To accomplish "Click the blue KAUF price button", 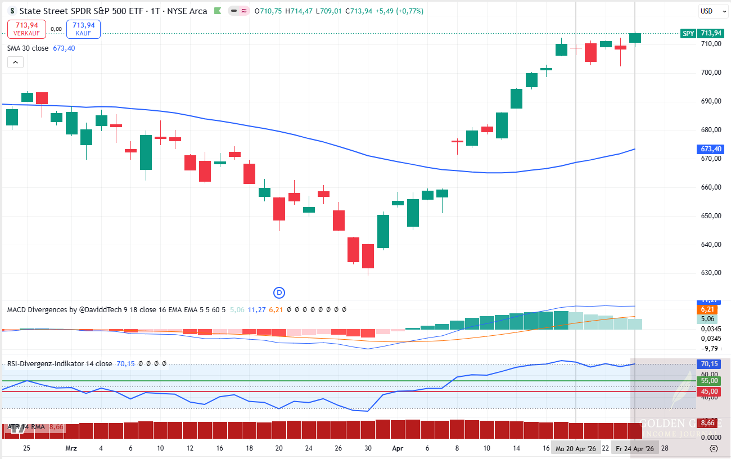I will pos(83,29).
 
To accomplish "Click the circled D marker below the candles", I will pos(279,292).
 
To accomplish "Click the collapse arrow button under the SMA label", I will pos(15,62).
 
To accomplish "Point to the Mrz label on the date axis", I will pos(71,448).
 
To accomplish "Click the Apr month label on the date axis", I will pos(398,448).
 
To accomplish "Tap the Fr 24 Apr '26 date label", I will pos(634,448).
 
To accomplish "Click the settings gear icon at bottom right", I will pos(714,448).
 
